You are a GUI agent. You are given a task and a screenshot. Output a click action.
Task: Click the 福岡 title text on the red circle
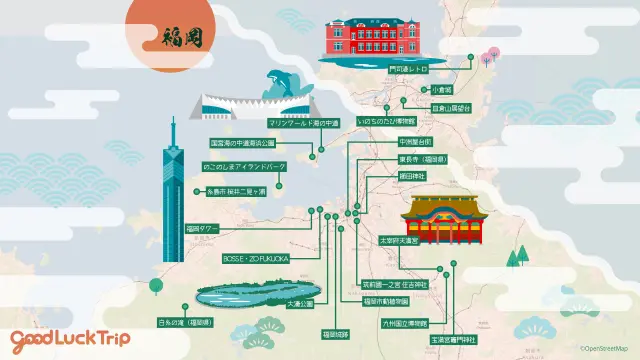coord(182,37)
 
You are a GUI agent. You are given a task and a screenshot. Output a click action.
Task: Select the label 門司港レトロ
coord(408,71)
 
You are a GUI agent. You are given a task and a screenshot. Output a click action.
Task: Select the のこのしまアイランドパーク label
coord(245,166)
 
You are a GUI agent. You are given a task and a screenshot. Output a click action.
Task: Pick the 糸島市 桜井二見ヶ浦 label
coord(236,191)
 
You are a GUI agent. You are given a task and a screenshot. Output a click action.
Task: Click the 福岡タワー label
coord(201,228)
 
